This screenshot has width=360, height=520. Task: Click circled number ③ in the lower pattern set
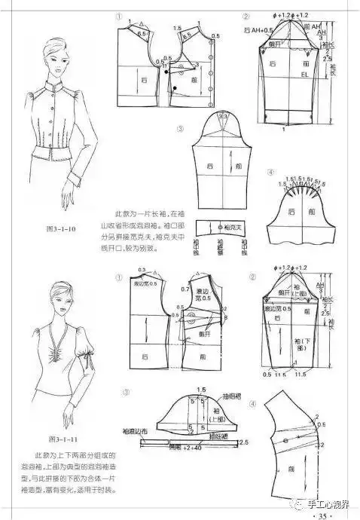click(x=127, y=392)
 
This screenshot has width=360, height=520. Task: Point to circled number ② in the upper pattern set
click(x=246, y=17)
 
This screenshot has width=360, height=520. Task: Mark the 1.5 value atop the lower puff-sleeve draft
click(x=201, y=390)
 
